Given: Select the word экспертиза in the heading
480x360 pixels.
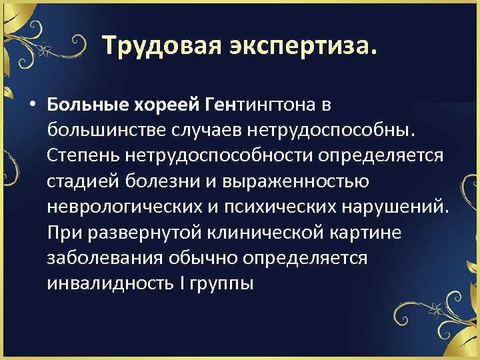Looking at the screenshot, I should tap(303, 46).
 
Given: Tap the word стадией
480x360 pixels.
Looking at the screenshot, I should tap(79, 181).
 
